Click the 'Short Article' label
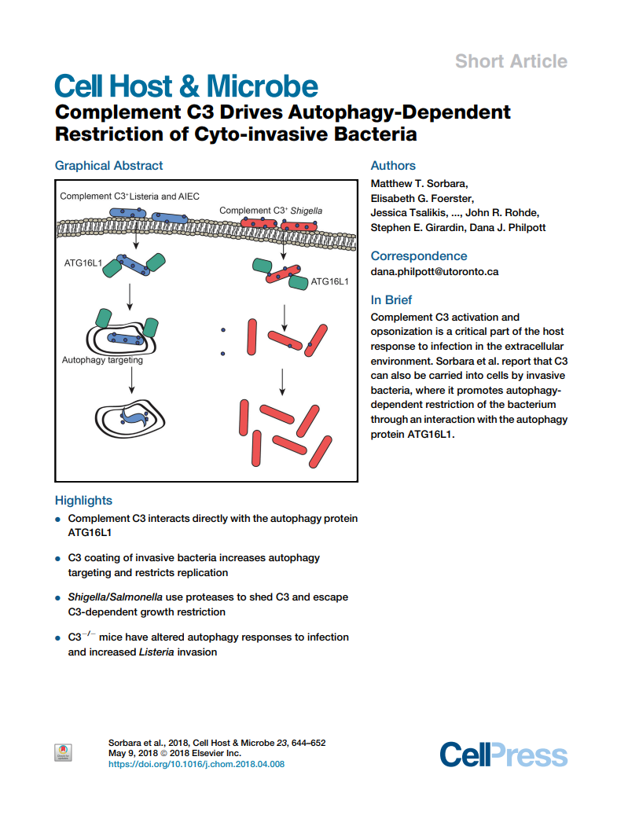coord(511,61)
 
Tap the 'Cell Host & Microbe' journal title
coord(186,86)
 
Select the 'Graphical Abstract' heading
coord(108,165)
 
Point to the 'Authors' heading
coord(393,165)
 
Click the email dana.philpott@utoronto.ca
coord(434,272)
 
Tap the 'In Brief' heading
coord(391,300)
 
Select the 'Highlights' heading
coord(83,501)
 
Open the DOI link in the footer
coord(196,764)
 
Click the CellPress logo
coord(503,755)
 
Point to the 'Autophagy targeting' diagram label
coord(102,361)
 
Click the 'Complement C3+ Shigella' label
coord(270,210)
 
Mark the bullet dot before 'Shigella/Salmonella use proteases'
coord(58,598)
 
